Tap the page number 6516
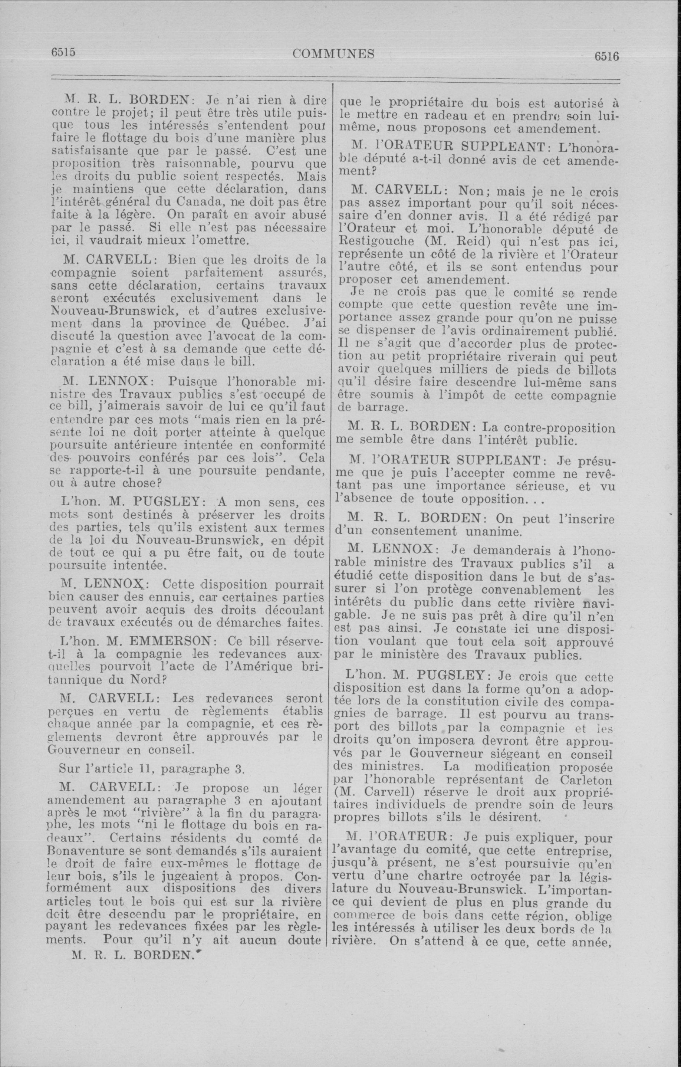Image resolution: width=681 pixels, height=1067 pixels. tap(606, 56)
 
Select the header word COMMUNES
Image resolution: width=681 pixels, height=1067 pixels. tap(333, 54)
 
